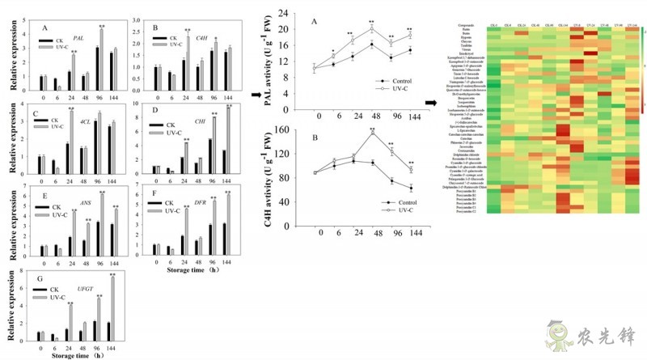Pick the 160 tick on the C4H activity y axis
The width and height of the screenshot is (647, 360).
284,130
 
